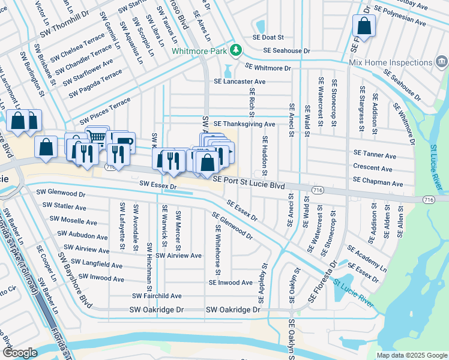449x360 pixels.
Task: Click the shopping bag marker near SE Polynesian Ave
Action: (364, 26)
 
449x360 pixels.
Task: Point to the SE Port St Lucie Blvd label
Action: (248, 186)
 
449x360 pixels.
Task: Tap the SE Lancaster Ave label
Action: (240, 82)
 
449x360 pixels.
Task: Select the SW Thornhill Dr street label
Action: (65, 35)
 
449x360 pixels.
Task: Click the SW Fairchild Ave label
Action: (157, 296)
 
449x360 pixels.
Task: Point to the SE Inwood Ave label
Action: (231, 282)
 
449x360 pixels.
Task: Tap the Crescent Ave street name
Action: (373, 168)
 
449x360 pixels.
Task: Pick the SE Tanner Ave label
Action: (375, 155)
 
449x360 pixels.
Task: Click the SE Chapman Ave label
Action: (378, 181)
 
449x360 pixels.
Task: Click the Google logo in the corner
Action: (20, 353)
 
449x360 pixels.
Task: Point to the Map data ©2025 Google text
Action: (411, 355)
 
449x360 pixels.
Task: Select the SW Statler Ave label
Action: (64, 207)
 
